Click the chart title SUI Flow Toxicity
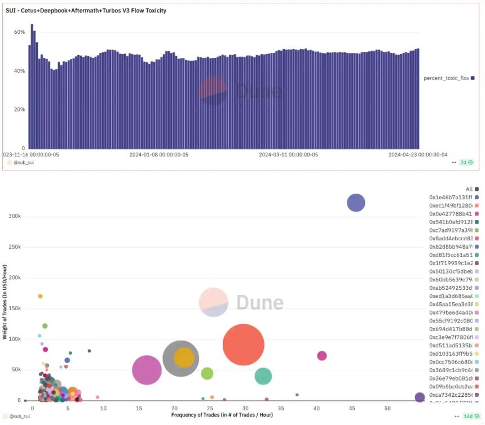[86, 11]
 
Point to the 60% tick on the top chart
[19, 32]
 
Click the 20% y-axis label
[19, 109]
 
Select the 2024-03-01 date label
[288, 154]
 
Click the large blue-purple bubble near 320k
[356, 203]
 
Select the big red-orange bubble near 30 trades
[244, 345]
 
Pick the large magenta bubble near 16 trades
[147, 370]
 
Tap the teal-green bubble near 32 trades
[263, 377]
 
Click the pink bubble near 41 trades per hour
[322, 356]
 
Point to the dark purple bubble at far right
[420, 397]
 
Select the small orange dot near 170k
[40, 296]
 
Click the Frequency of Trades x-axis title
[222, 415]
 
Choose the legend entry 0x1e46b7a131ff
[450, 197]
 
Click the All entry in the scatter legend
[469, 189]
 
